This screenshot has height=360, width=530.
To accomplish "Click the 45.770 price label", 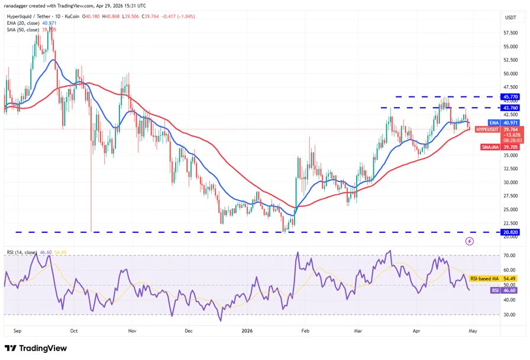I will tap(510, 96).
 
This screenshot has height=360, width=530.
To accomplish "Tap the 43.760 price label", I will tap(510, 108).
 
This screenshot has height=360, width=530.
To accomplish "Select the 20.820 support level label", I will tap(510, 233).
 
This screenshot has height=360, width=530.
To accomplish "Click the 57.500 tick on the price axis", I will tap(510, 32).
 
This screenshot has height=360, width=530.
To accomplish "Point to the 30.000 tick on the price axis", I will tap(510, 182).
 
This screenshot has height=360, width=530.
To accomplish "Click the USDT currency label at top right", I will tap(510, 18).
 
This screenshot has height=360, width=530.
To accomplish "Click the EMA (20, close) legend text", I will tap(23, 22).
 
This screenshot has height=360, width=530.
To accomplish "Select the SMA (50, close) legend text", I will tap(23, 29).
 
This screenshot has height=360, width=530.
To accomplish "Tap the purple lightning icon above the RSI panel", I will tap(469, 241).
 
